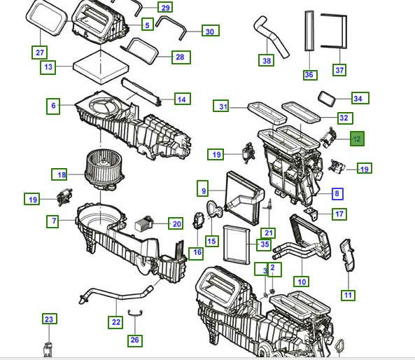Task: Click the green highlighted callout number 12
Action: (x=357, y=139)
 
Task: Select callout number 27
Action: (x=40, y=53)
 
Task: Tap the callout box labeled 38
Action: (x=267, y=61)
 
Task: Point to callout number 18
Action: (x=62, y=174)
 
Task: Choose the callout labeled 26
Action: (x=135, y=340)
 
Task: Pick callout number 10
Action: (x=302, y=282)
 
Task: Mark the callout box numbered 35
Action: (x=264, y=244)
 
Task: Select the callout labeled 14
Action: (x=181, y=99)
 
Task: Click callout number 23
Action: (x=48, y=319)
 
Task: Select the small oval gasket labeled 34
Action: (x=328, y=97)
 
